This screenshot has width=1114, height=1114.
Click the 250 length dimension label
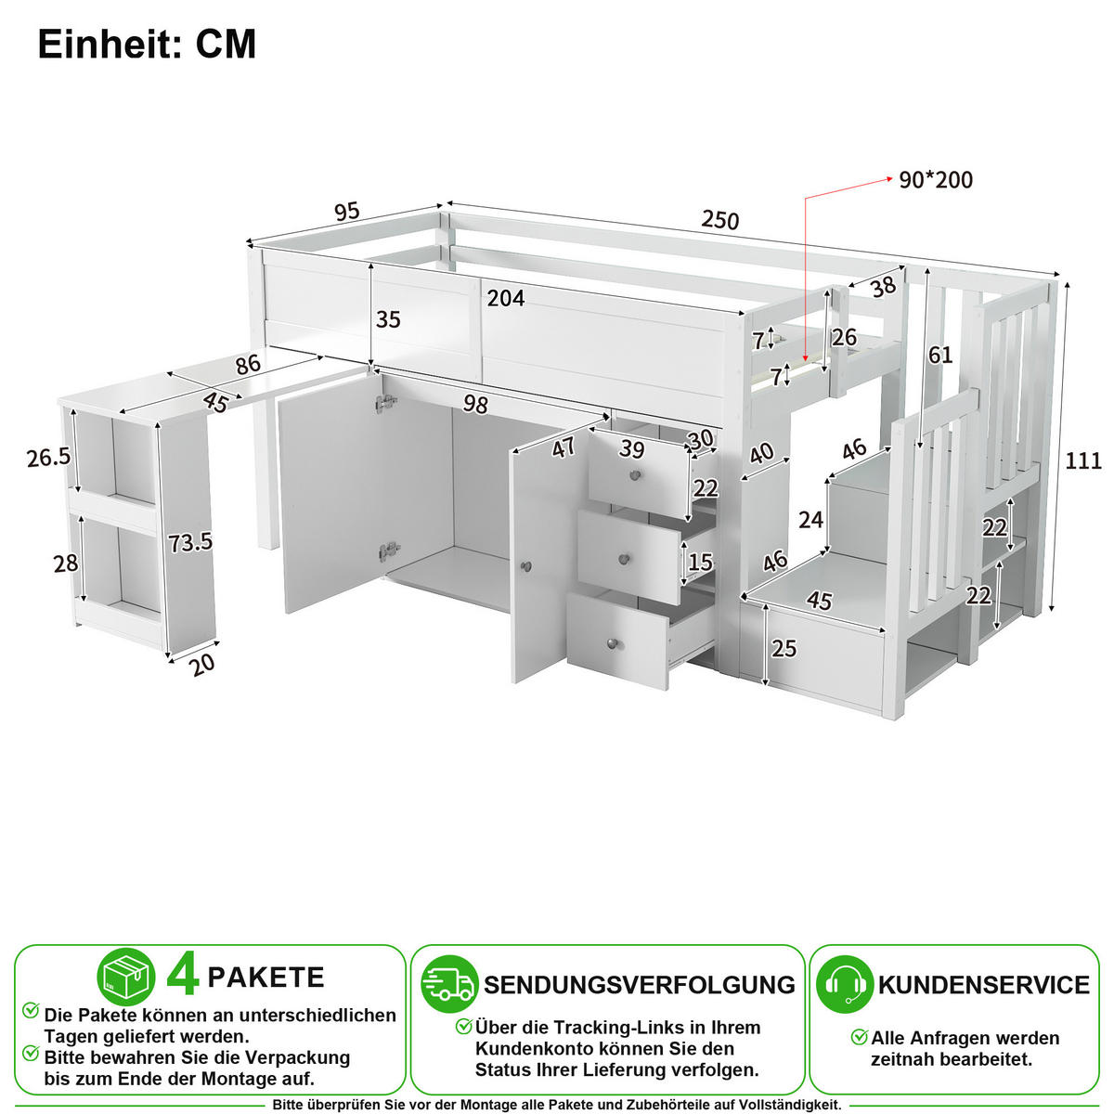pyautogui.click(x=719, y=220)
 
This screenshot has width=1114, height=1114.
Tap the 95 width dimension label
pyautogui.click(x=347, y=212)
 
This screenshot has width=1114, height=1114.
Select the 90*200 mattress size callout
pyautogui.click(x=936, y=180)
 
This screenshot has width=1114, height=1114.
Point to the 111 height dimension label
pyautogui.click(x=1083, y=460)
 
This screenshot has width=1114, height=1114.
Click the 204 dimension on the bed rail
pyautogui.click(x=506, y=298)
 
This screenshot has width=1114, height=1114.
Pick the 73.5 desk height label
pyautogui.click(x=190, y=542)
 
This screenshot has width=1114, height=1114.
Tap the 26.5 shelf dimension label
pyautogui.click(x=48, y=458)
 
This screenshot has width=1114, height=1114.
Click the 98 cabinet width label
pyautogui.click(x=475, y=404)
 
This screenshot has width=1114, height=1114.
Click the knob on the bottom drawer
pyautogui.click(x=612, y=642)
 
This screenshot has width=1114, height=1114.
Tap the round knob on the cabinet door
pyautogui.click(x=525, y=566)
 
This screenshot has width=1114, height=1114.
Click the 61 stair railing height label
pyautogui.click(x=940, y=355)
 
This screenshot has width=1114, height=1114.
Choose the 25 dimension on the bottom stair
pyautogui.click(x=784, y=649)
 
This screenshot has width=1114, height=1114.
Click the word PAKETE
pyautogui.click(x=266, y=977)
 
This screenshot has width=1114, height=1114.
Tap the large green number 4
pyautogui.click(x=183, y=977)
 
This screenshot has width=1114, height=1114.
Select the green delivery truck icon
pyautogui.click(x=449, y=984)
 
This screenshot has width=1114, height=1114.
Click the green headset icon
pyautogui.click(x=845, y=984)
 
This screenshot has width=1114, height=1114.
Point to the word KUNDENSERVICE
pyautogui.click(x=983, y=985)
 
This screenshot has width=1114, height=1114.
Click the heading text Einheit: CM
pyautogui.click(x=147, y=44)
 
